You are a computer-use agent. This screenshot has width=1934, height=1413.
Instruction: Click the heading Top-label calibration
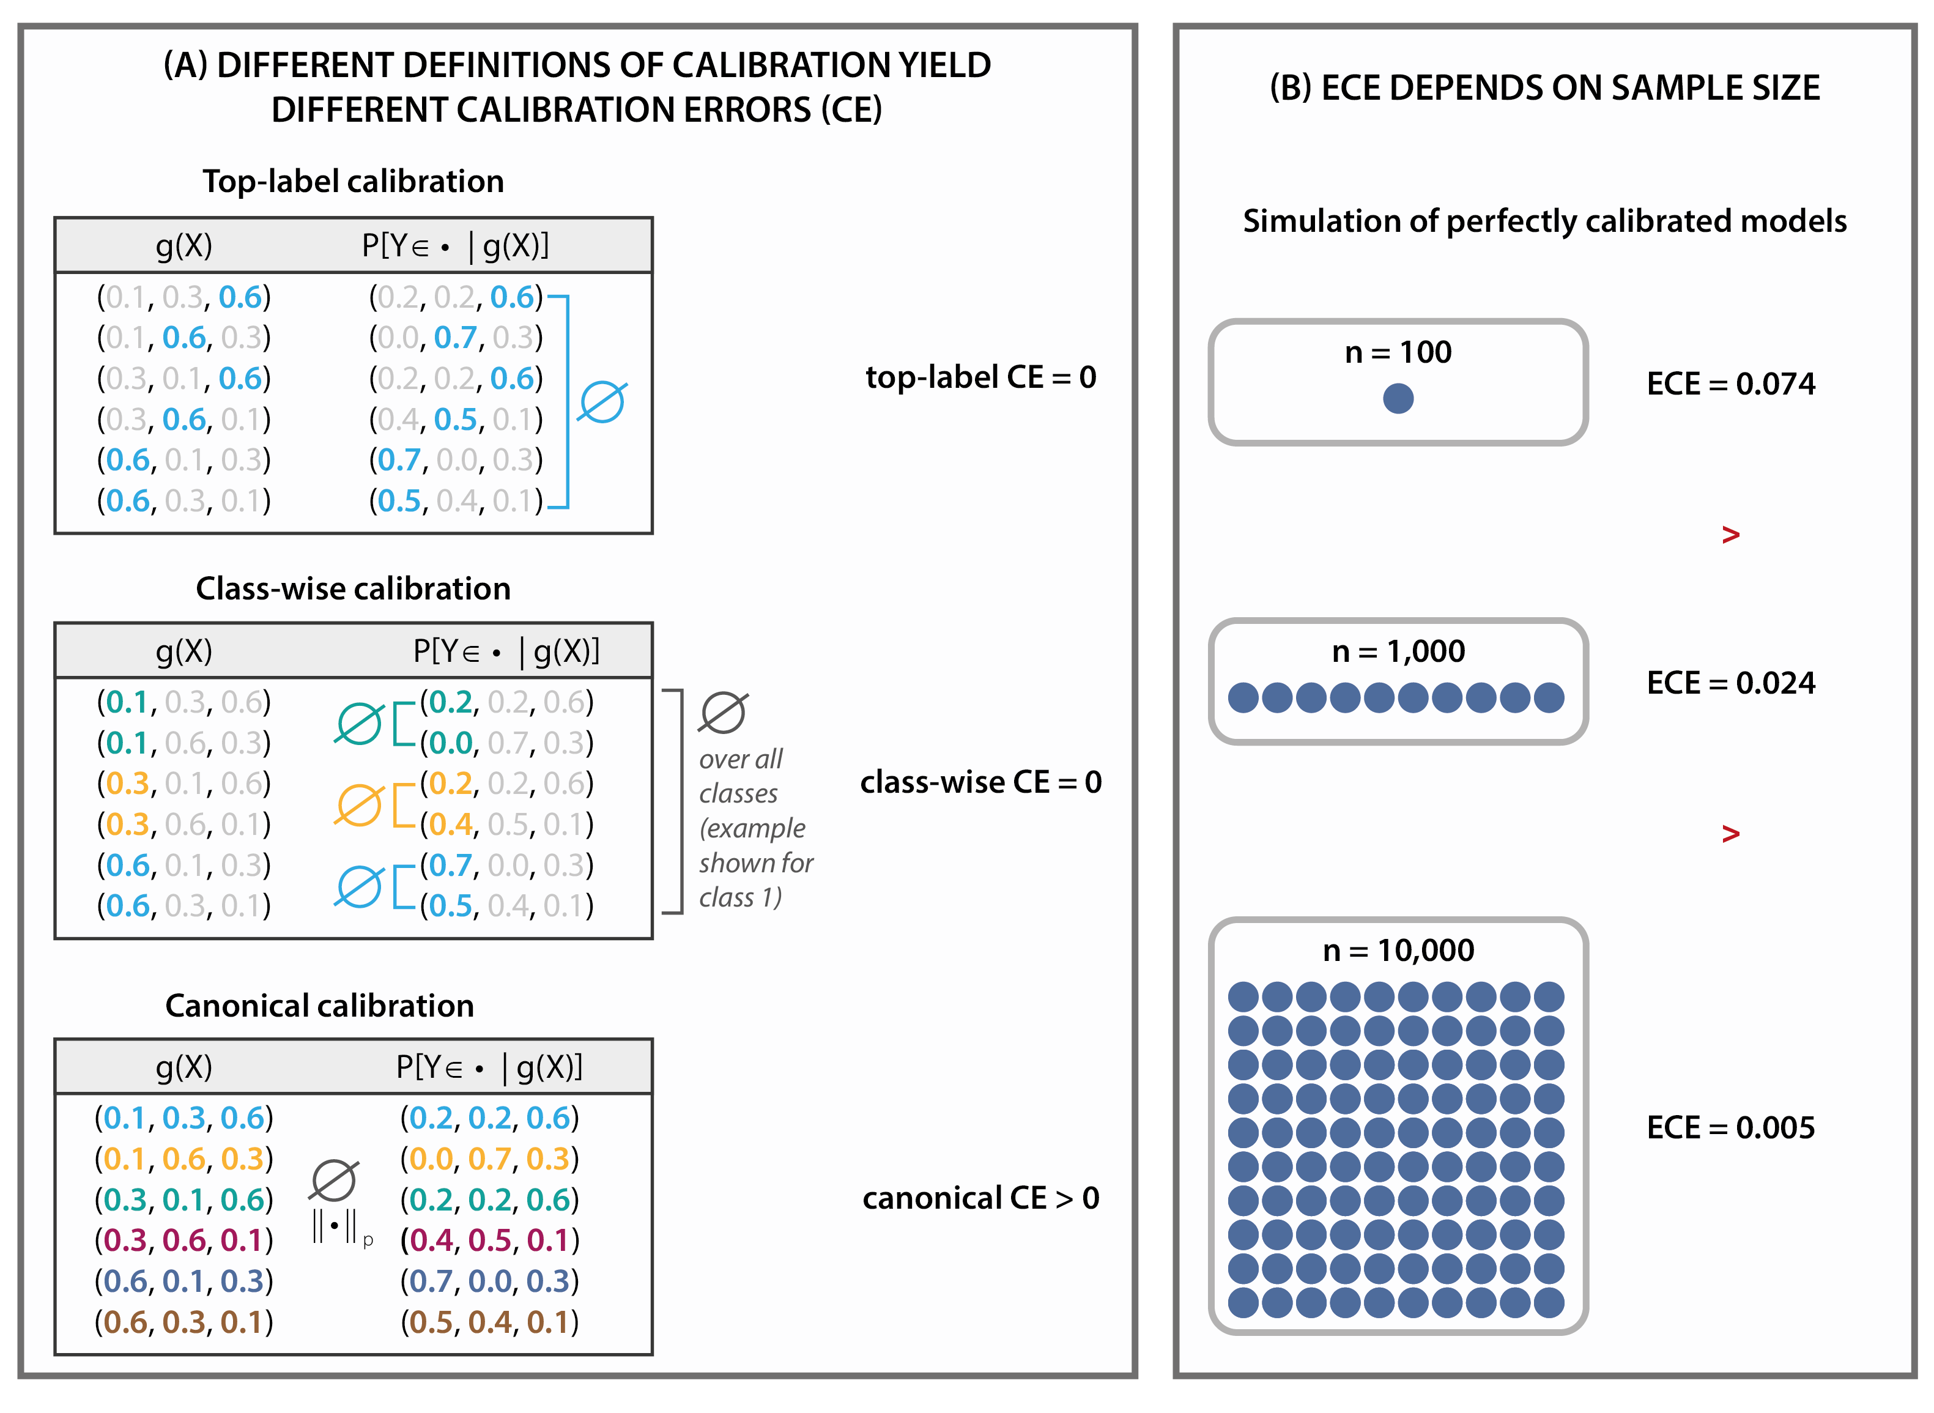[354, 181]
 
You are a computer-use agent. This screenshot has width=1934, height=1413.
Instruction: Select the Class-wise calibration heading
[354, 588]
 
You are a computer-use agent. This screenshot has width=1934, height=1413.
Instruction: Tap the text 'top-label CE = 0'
[980, 377]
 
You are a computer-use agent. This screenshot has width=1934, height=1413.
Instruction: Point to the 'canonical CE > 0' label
[980, 1198]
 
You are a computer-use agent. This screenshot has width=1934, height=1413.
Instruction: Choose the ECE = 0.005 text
[1730, 1127]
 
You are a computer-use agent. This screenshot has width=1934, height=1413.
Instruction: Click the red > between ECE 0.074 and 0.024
[1730, 535]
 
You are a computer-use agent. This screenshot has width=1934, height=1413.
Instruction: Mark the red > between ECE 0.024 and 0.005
[1730, 833]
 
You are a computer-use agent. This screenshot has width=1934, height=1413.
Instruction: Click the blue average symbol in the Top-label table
[602, 402]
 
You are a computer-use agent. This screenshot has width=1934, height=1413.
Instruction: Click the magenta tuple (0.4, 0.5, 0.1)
[489, 1241]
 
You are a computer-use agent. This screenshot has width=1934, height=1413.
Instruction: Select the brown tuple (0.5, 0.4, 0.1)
[489, 1322]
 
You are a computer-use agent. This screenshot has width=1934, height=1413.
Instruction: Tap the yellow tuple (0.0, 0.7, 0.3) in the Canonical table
[489, 1159]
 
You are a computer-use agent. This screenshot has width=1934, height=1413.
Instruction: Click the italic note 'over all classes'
[741, 776]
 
